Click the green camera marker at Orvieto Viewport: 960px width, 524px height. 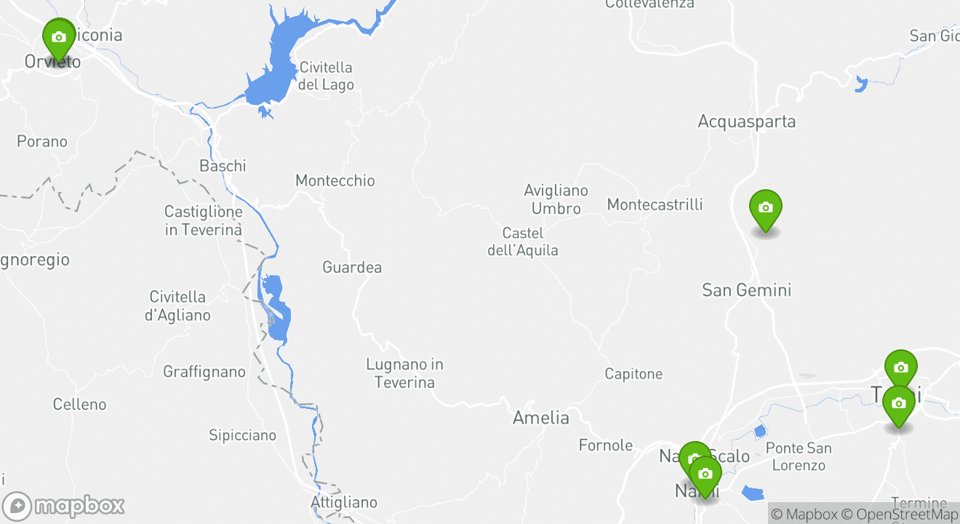(x=59, y=38)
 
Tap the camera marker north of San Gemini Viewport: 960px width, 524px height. (x=765, y=209)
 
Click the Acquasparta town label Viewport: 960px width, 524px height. (x=746, y=122)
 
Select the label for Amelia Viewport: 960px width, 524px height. (x=540, y=418)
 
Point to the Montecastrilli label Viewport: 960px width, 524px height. (x=655, y=205)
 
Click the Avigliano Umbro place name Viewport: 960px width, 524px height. (x=556, y=199)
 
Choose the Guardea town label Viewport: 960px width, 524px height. (x=352, y=267)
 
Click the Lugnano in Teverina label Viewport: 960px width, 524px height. (x=404, y=373)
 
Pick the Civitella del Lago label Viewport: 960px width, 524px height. (x=326, y=76)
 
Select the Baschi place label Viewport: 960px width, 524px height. (x=223, y=166)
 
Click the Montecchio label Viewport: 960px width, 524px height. (x=335, y=180)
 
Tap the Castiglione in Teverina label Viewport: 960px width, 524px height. (x=203, y=221)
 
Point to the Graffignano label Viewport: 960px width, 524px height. (x=204, y=372)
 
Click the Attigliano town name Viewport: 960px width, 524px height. (x=344, y=502)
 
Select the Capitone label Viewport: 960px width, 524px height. (x=633, y=374)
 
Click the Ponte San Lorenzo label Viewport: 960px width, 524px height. (x=799, y=456)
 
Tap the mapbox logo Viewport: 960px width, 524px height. (x=63, y=506)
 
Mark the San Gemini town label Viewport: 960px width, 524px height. (x=746, y=290)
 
